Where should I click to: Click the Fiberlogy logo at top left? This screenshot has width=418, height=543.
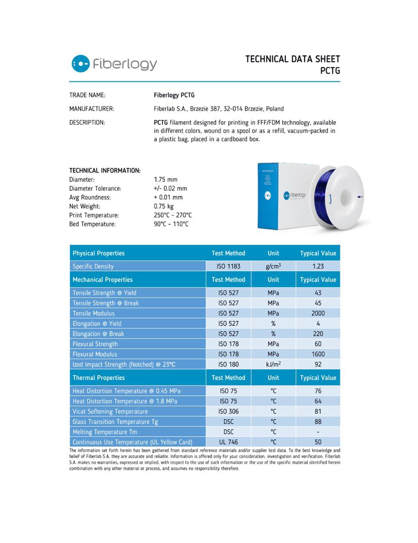pyautogui.click(x=114, y=64)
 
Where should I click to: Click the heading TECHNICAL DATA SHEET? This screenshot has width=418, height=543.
pyautogui.click(x=293, y=59)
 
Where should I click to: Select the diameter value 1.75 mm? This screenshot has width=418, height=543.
pyautogui.click(x=165, y=179)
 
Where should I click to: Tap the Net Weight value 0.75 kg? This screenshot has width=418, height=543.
pyautogui.click(x=164, y=206)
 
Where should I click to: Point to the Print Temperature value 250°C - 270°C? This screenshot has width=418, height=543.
pyautogui.click(x=173, y=215)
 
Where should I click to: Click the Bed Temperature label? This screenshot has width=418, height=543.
pyautogui.click(x=92, y=224)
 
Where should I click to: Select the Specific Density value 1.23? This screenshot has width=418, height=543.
pyautogui.click(x=318, y=266)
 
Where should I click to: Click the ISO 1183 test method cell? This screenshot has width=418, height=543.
pyautogui.click(x=228, y=266)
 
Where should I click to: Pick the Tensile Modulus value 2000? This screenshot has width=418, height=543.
pyautogui.click(x=318, y=313)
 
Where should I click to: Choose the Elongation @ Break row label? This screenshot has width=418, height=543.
pyautogui.click(x=98, y=334)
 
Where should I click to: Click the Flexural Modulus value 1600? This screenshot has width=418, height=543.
pyautogui.click(x=318, y=354)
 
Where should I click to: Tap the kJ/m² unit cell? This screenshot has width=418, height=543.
pyautogui.click(x=273, y=364)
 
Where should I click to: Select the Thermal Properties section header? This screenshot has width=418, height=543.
pyautogui.click(x=99, y=378)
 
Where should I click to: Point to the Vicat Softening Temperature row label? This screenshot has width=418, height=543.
pyautogui.click(x=110, y=411)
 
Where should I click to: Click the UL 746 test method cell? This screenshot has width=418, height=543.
pyautogui.click(x=228, y=442)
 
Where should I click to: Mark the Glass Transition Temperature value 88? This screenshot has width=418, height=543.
pyautogui.click(x=318, y=421)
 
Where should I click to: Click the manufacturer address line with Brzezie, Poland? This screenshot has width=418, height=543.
pyautogui.click(x=219, y=109)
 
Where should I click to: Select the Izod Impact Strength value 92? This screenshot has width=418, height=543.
pyautogui.click(x=318, y=364)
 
